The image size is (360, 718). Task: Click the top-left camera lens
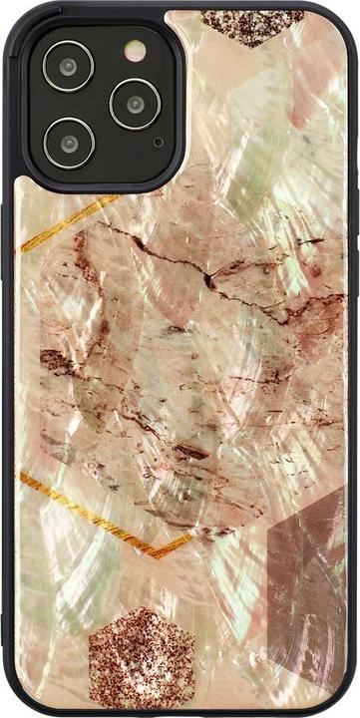[69, 68]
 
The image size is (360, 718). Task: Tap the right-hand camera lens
[134, 103]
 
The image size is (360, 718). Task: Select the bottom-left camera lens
[69, 142]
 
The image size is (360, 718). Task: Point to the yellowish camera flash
[134, 51]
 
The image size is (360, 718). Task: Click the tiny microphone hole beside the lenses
[158, 143]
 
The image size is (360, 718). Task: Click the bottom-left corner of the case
[14, 704]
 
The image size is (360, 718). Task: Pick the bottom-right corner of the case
[345, 704]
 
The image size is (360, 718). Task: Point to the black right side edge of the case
[354, 359]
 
